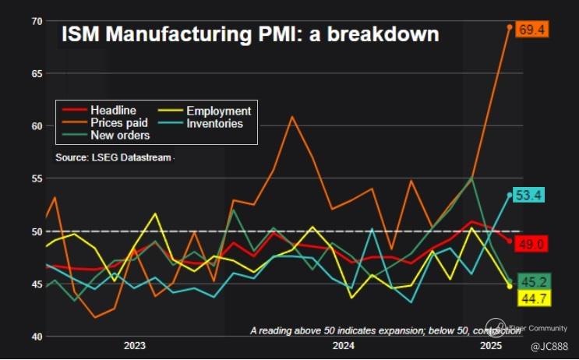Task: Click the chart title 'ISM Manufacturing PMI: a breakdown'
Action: tap(250, 35)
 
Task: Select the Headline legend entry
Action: tap(113, 111)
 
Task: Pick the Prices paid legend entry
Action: tap(118, 122)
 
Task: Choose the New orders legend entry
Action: tap(120, 134)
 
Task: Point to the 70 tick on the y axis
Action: tap(36, 20)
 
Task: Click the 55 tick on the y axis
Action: tap(36, 178)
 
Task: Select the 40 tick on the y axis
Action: tap(36, 337)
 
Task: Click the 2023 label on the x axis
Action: tap(134, 344)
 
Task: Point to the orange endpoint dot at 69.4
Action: tap(510, 27)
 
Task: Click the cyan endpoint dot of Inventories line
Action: tap(510, 195)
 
